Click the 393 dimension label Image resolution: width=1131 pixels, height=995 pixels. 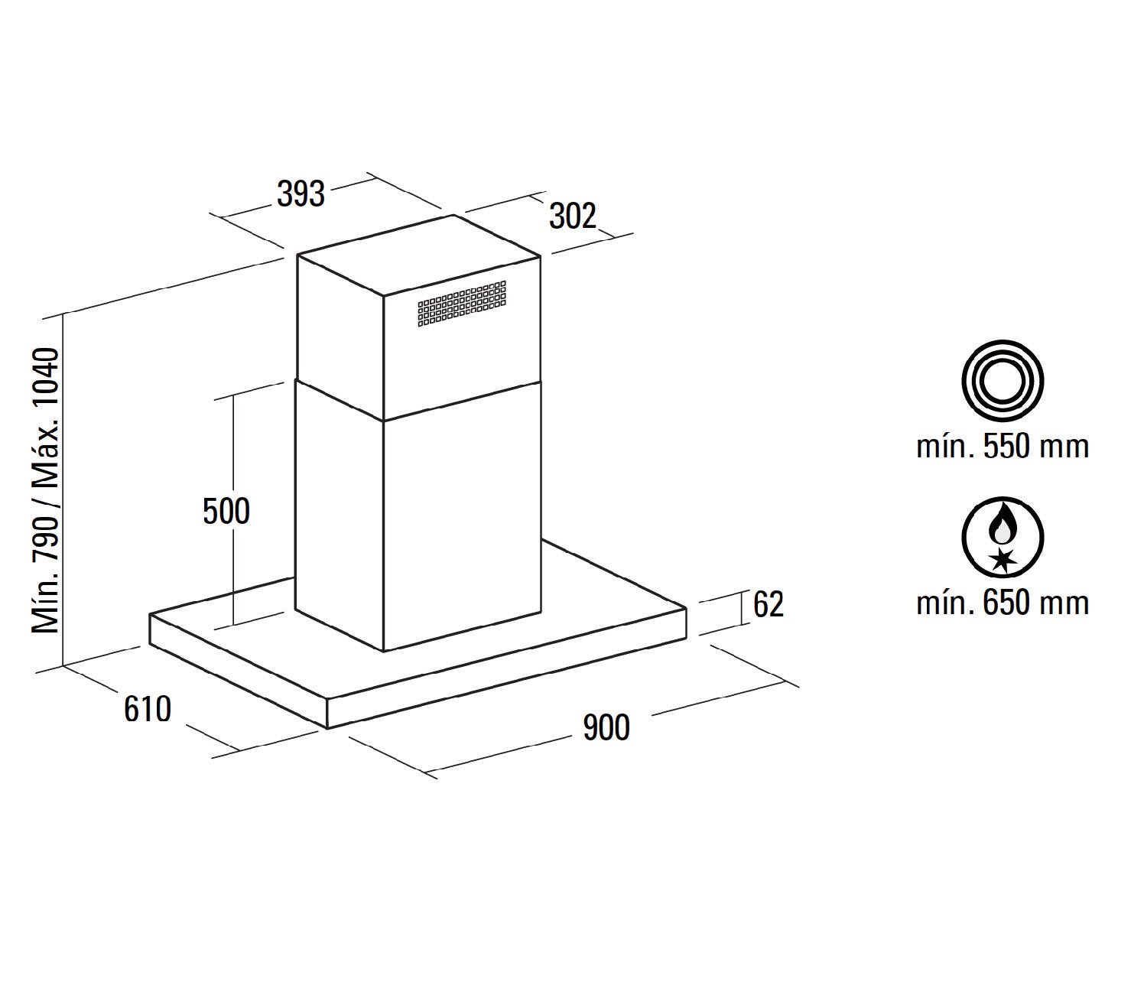[x=301, y=194]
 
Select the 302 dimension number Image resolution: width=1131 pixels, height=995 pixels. [x=573, y=216]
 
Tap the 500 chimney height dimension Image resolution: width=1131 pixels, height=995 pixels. [x=226, y=512]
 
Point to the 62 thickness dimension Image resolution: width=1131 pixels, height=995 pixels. [x=768, y=604]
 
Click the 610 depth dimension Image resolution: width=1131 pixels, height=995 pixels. [x=148, y=709]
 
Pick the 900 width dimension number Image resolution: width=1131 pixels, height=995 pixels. [x=606, y=727]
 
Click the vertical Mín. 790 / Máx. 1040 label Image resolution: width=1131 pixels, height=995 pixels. [x=45, y=491]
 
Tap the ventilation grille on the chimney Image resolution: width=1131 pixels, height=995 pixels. [x=462, y=304]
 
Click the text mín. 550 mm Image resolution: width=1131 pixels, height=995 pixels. [x=1003, y=447]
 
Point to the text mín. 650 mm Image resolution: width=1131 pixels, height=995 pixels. [x=1003, y=603]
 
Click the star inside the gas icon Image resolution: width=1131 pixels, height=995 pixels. [x=1003, y=561]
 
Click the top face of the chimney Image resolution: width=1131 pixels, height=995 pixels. [x=419, y=255]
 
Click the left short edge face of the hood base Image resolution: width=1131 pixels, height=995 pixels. [x=238, y=671]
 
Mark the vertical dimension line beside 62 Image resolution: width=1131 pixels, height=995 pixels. [x=741, y=608]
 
